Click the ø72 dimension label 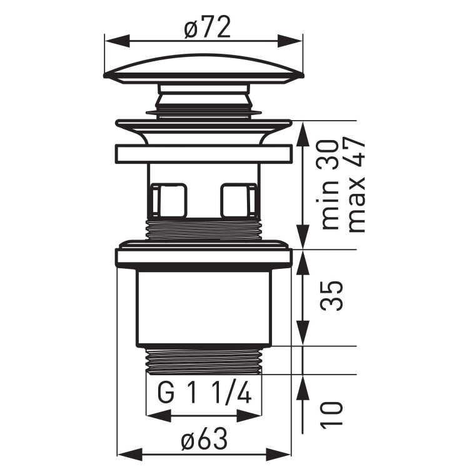coord(204,27)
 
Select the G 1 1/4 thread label coord(204,396)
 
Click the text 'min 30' coord(331,184)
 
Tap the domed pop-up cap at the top coord(204,69)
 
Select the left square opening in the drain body coord(169,199)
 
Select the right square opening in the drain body coord(238,199)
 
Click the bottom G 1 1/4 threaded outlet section coord(204,361)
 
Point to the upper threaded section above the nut coord(204,229)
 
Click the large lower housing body coord(204,306)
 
